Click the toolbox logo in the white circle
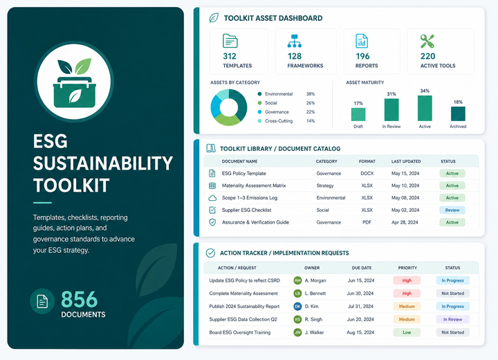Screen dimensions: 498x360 point(75,82)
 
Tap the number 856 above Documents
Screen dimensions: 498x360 point(79,300)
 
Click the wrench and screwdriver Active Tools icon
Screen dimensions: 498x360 point(427,42)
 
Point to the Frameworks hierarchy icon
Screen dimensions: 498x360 point(295,41)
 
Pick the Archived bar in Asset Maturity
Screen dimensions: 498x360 point(458,114)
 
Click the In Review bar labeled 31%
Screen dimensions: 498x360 point(391,109)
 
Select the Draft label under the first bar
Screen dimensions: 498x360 point(358,126)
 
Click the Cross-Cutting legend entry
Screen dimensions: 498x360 point(275,121)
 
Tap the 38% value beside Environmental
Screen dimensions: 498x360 point(311,94)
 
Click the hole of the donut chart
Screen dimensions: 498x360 point(229,107)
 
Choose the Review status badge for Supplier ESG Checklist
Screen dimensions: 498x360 point(452,210)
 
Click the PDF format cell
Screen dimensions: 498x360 point(367,222)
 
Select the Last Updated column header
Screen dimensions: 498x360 point(406,161)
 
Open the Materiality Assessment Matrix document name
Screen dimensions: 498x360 point(254,186)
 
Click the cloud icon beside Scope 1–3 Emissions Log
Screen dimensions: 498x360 point(212,198)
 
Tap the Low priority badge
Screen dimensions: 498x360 point(407,332)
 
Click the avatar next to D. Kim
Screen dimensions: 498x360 point(297,306)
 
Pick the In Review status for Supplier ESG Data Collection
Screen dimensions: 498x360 point(452,319)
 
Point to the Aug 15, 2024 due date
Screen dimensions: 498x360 point(360,332)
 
